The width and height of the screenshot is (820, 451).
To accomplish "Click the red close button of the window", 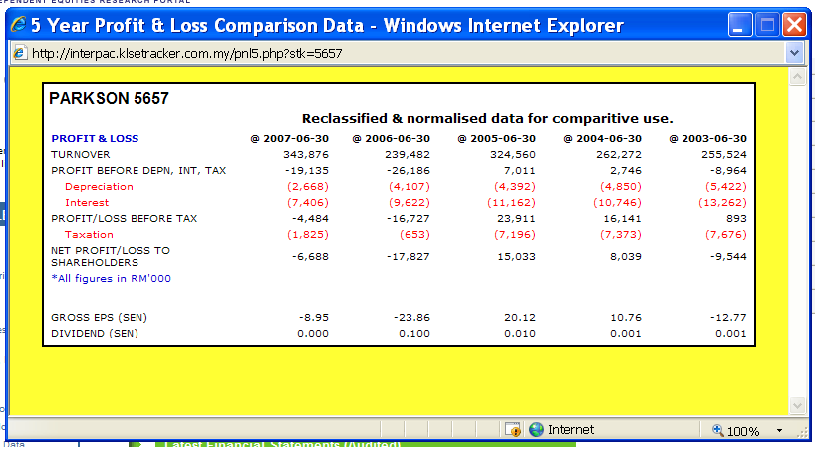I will point(794,25).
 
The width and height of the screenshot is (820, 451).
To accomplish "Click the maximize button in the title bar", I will point(767,25).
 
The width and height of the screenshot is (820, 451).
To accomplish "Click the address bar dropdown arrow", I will point(794,52).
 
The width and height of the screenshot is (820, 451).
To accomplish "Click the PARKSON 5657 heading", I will point(110,98).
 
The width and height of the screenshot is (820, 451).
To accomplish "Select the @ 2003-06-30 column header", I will point(707,138).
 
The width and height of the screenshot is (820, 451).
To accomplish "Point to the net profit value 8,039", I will point(623,256).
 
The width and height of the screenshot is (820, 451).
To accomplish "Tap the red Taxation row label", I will point(89,234).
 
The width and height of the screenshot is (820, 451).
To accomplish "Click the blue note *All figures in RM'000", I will point(112,279).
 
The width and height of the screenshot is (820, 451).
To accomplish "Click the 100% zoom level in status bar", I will point(742,431).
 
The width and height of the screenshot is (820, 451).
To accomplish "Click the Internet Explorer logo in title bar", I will point(19,25).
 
